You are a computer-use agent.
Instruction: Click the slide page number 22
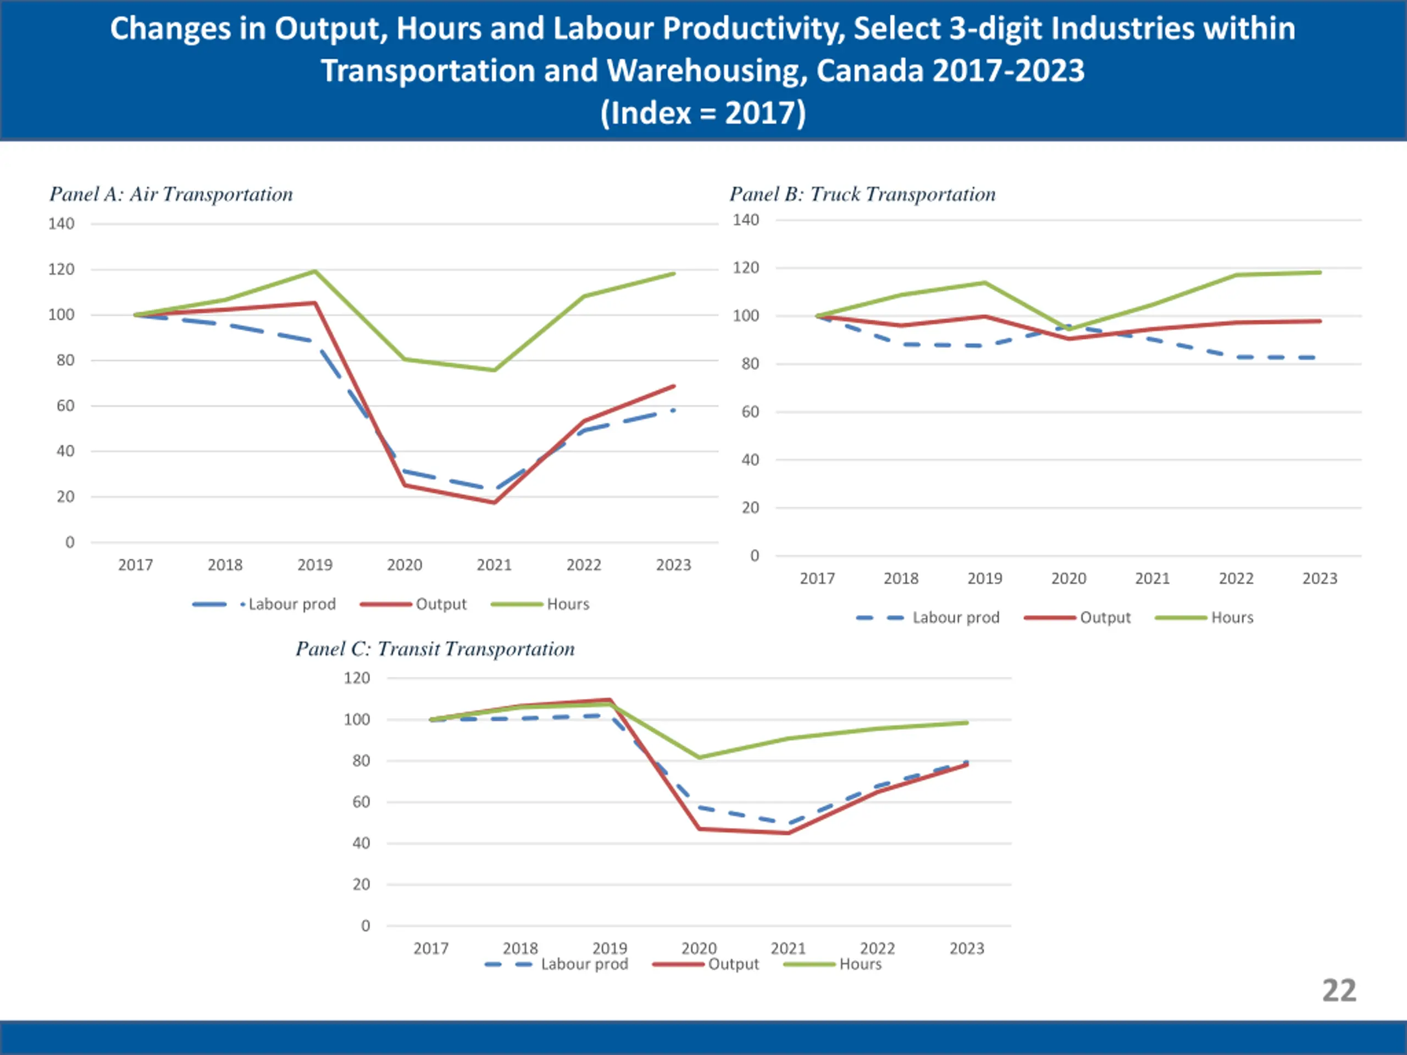pos(1339,990)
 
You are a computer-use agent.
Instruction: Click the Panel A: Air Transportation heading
pos(171,194)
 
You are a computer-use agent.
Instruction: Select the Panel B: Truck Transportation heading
pos(862,194)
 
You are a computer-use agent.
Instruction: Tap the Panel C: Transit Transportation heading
pos(435,648)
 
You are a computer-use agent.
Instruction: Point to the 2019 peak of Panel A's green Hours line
pos(315,271)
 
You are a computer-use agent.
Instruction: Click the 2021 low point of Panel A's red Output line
pos(494,502)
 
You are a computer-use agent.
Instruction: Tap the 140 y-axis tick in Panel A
pos(61,224)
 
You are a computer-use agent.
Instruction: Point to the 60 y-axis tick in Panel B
pos(751,412)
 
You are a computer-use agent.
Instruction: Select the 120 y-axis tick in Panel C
pos(357,679)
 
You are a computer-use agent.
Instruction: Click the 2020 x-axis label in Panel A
pos(405,565)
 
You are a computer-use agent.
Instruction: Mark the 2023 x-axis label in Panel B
pos(1320,579)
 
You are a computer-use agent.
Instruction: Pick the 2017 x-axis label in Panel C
pos(431,948)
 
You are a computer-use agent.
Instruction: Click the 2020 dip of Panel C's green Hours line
pos(700,757)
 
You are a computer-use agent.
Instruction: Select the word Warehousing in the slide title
pos(706,70)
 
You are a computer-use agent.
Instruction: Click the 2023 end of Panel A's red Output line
pos(674,386)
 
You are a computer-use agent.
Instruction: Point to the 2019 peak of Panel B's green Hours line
pos(985,282)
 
